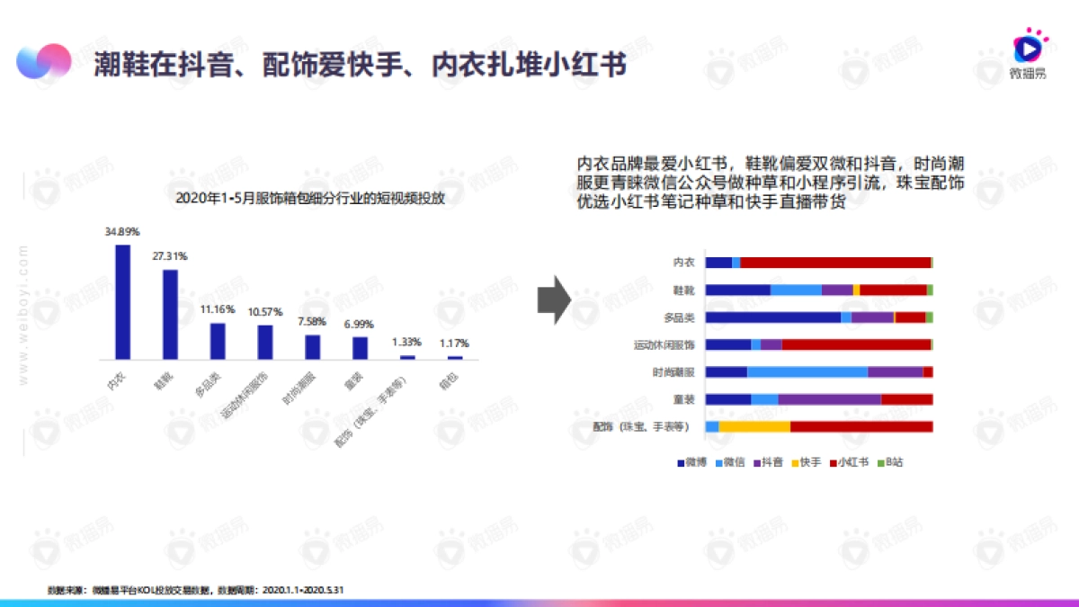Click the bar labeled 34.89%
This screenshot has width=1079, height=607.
[x=122, y=302]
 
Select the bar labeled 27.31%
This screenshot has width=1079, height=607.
[x=170, y=314]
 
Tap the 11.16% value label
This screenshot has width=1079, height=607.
[x=218, y=309]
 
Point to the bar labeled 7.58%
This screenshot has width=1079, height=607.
[x=313, y=347]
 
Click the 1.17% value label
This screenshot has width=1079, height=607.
[x=454, y=343]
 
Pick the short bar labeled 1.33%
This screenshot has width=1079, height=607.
[x=407, y=357]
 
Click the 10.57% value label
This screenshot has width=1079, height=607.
[x=265, y=311]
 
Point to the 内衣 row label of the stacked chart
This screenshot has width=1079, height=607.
[x=683, y=263]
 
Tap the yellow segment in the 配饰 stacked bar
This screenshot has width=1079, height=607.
[x=754, y=426]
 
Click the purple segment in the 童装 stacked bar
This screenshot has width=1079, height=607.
[x=829, y=399]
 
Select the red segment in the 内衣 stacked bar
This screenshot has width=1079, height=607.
[x=835, y=263]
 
